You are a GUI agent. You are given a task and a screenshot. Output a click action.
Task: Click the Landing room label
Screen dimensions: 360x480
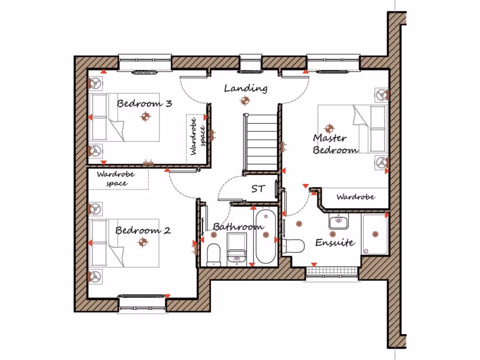(246, 88)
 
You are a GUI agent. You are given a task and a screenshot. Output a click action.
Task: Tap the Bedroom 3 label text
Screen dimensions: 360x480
(144, 103)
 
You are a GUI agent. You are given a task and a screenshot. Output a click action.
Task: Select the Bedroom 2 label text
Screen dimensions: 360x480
(142, 231)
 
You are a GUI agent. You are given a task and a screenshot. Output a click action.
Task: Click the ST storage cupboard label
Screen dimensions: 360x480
(258, 189)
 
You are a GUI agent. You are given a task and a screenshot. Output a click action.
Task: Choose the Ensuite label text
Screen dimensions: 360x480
(335, 242)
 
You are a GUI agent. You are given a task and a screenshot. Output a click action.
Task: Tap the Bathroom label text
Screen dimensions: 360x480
(238, 227)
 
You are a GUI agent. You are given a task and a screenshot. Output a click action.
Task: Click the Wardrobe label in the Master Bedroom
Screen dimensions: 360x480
(355, 197)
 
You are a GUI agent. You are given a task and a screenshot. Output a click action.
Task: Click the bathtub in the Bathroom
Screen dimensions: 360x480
(266, 236)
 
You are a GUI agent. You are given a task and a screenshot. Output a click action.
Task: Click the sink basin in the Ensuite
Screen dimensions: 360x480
(338, 222)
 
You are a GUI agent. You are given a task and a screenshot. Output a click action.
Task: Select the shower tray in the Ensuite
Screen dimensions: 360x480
(375, 234)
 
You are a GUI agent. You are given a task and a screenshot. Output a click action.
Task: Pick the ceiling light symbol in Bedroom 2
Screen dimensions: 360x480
(143, 242)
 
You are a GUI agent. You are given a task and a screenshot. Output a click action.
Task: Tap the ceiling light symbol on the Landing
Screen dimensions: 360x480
(244, 100)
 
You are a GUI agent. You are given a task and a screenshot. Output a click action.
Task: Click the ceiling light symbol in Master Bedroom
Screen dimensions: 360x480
(329, 127)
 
